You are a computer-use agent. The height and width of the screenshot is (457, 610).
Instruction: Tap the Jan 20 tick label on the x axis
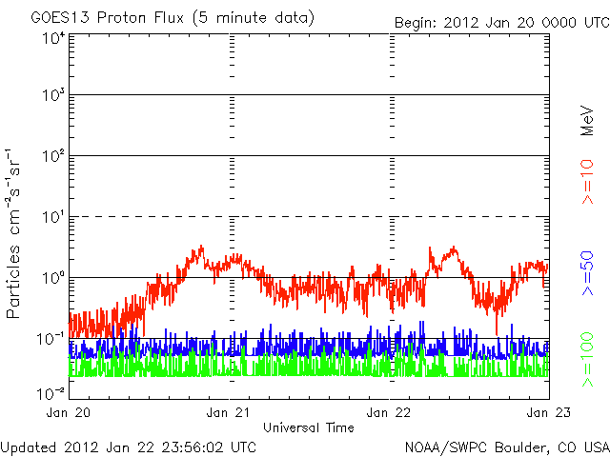pos(70,413)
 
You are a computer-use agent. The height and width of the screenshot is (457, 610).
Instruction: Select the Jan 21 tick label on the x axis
pos(230,413)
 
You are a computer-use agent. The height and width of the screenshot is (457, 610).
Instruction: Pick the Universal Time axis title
pos(309,427)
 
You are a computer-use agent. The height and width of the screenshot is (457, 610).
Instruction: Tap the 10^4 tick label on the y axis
pos(52,38)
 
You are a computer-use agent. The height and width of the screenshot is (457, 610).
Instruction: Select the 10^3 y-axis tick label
pos(52,97)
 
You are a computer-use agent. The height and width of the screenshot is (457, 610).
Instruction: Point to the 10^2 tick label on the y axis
pos(52,157)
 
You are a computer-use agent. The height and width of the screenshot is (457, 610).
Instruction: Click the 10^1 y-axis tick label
pos(52,218)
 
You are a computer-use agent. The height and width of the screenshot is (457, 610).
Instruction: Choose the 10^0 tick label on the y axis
pos(52,279)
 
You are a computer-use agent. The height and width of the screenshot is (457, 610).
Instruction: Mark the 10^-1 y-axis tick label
pos(51,339)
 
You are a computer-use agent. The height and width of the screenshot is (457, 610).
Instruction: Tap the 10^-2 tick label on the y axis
pos(51,392)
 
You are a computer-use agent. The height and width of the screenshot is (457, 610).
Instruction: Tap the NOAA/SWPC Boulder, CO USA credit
pos(506,446)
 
